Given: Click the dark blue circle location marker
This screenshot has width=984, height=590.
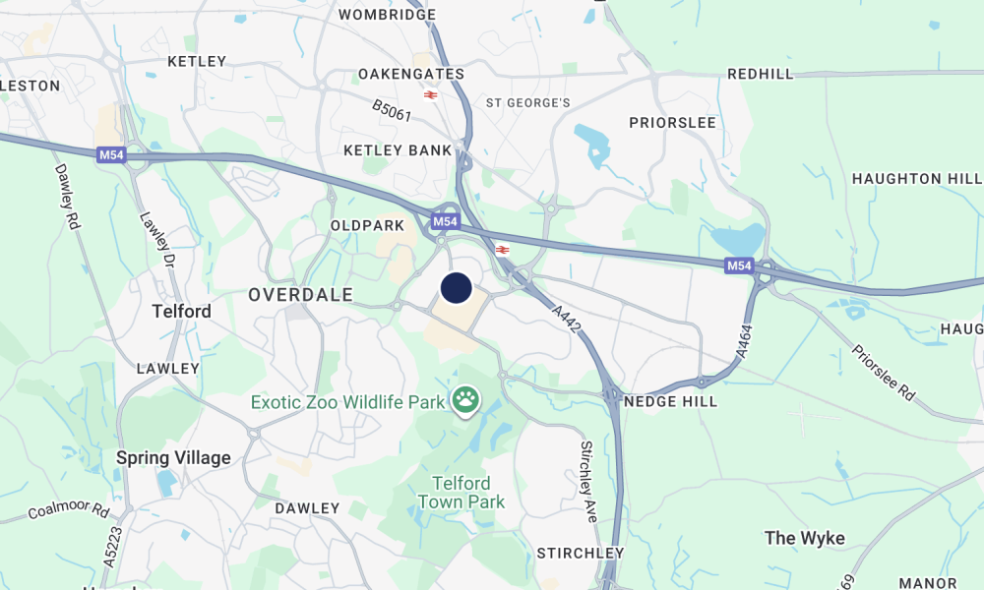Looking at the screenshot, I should (456, 288).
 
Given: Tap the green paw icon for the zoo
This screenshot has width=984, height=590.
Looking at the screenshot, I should (465, 399).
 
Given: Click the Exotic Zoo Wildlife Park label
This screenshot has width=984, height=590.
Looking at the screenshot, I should (347, 402).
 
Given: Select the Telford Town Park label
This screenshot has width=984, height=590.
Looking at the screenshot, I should (461, 493).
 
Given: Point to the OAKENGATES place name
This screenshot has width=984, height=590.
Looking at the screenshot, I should (410, 74).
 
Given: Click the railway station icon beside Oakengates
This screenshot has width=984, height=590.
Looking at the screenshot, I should (430, 94).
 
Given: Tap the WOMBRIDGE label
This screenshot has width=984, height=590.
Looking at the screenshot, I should (387, 15).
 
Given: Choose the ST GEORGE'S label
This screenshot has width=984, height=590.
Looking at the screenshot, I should (528, 102).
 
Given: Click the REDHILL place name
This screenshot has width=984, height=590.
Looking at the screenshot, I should (760, 74).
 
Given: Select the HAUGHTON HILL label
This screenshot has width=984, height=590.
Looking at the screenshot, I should (916, 178).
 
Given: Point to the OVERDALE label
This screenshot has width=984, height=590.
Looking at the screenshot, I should (286, 294).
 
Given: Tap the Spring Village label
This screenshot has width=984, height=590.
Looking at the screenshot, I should (173, 457).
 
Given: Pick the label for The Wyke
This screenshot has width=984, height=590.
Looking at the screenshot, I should (804, 537).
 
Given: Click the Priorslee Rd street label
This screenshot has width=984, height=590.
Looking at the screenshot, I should (883, 372).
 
